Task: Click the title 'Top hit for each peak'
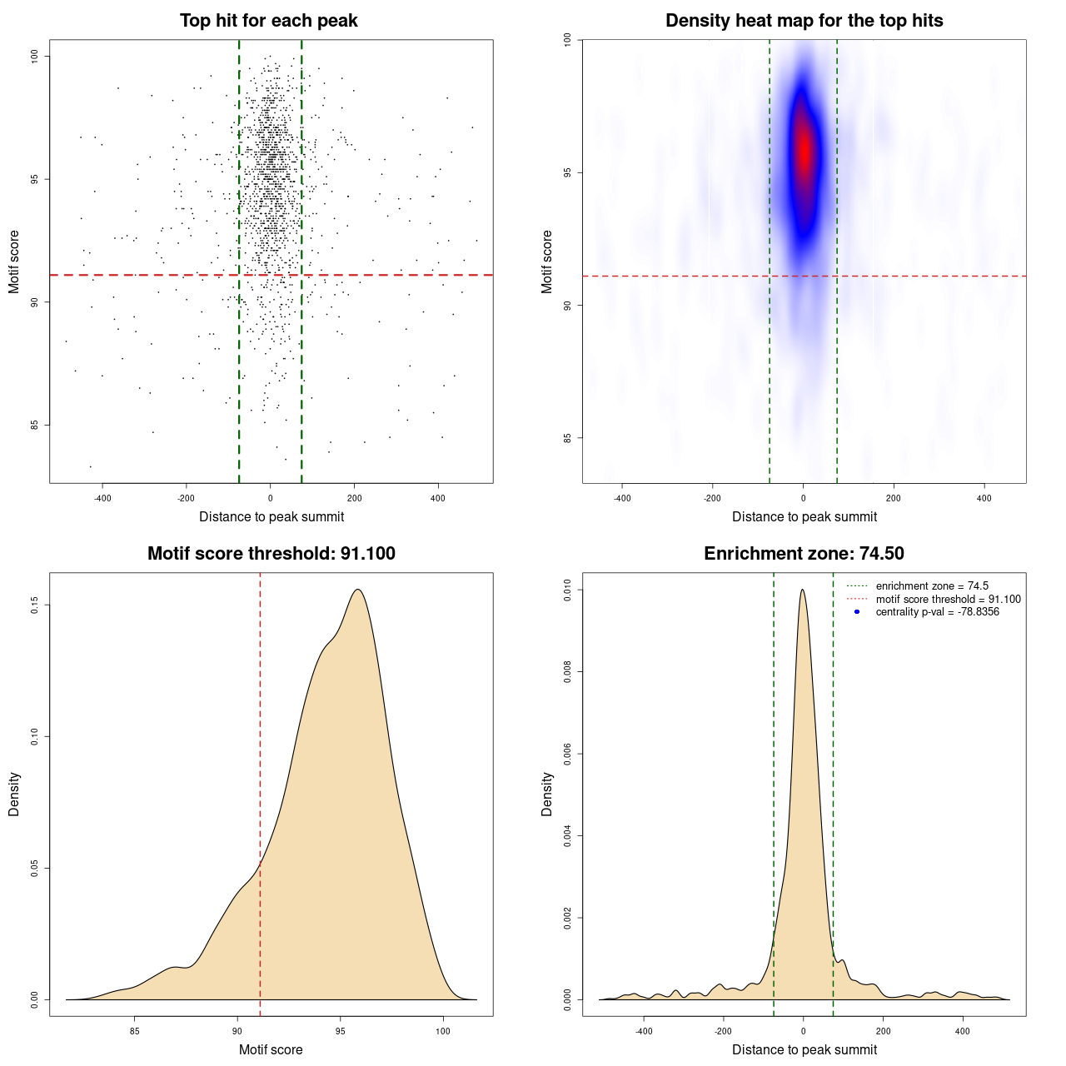[x=268, y=21]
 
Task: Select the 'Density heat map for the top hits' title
[x=804, y=21]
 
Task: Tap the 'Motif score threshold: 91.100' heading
[x=271, y=554]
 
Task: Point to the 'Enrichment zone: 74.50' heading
[x=804, y=554]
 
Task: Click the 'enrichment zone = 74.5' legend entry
[x=932, y=586]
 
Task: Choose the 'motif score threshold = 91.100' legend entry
[x=948, y=599]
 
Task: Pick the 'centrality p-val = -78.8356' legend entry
[x=937, y=612]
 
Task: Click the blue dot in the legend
[x=857, y=612]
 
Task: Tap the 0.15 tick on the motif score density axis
[x=35, y=605]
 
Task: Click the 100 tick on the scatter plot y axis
[x=35, y=56]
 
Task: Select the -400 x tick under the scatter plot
[x=102, y=498]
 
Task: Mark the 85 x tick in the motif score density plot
[x=135, y=1031]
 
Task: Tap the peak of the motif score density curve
[x=358, y=590]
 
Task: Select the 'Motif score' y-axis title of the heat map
[x=547, y=262]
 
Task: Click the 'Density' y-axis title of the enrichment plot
[x=547, y=794]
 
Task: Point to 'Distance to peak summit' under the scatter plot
[x=271, y=516]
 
